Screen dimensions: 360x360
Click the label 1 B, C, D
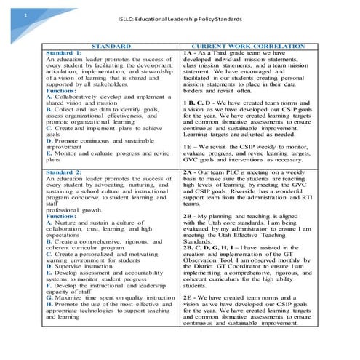coord(197,103)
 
